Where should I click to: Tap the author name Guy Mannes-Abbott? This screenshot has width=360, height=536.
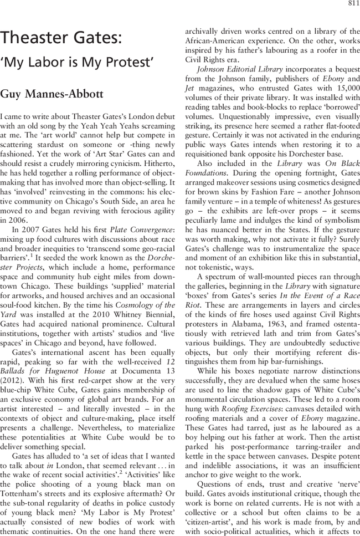[52, 93]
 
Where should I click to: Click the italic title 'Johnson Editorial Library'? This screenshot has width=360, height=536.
[240, 69]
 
